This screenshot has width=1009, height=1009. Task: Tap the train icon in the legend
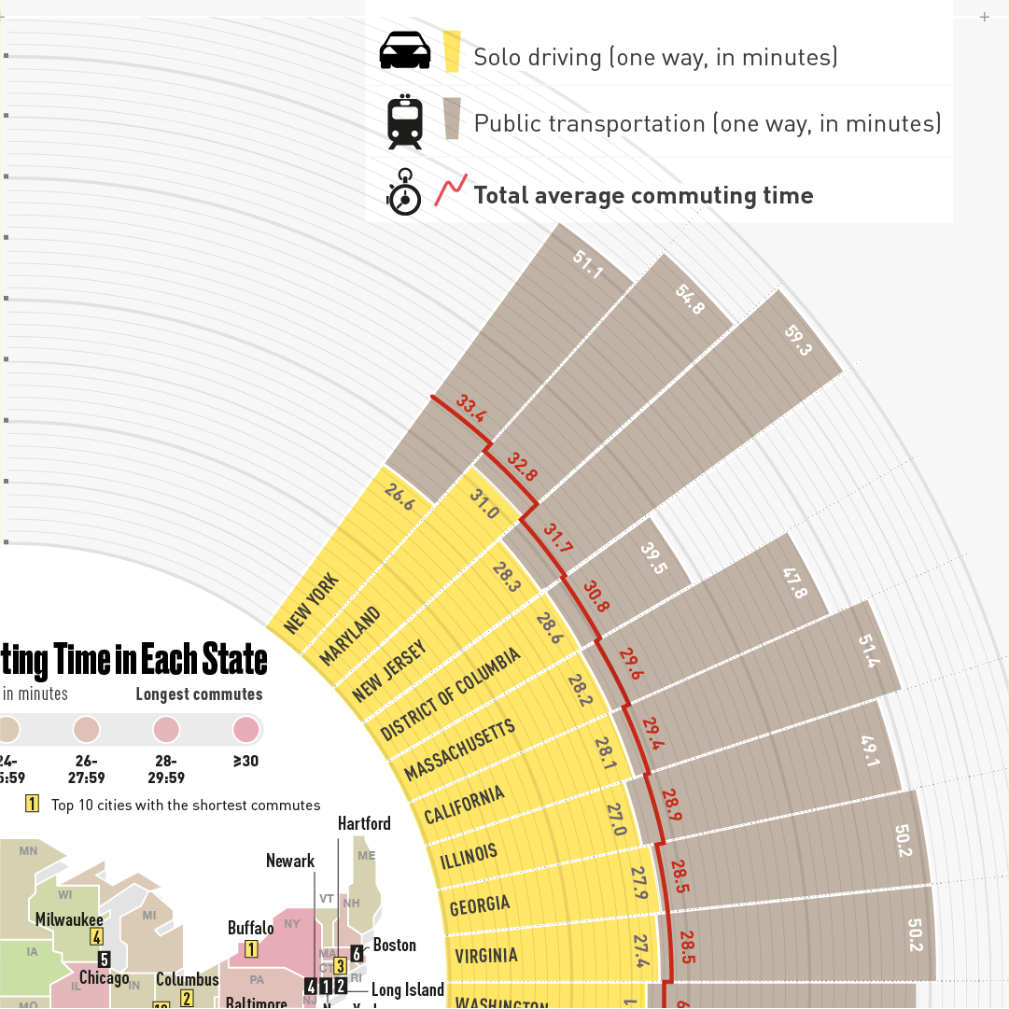[405, 121]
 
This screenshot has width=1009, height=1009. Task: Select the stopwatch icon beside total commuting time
[404, 192]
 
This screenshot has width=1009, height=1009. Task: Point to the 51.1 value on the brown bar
[588, 264]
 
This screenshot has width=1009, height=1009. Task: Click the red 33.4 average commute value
[471, 410]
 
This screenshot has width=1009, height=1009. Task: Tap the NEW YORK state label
[312, 604]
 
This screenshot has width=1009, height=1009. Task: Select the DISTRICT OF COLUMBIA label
[450, 695]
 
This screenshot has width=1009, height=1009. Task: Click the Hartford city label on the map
[364, 823]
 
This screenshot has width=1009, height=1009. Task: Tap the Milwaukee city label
[69, 919]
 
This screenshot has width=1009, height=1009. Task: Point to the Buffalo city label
[251, 928]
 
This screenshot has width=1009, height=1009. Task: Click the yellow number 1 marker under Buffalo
[251, 949]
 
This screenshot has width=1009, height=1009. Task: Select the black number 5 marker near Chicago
[105, 959]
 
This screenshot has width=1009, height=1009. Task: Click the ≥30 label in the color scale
[245, 761]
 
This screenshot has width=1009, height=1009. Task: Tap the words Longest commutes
[199, 694]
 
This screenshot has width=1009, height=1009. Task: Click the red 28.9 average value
[671, 804]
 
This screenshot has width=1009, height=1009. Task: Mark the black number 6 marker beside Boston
[357, 953]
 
